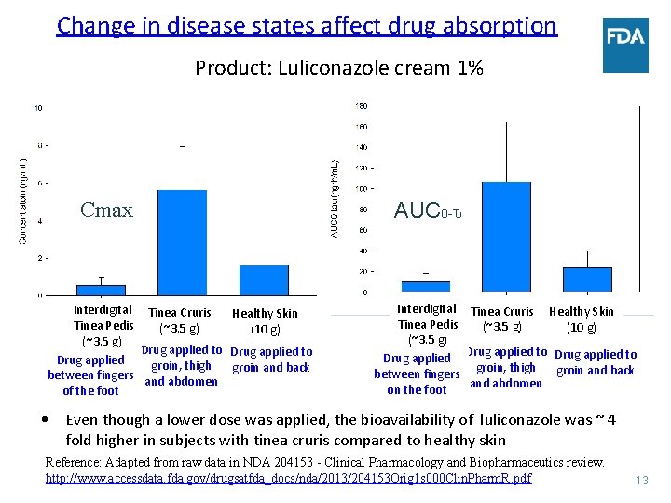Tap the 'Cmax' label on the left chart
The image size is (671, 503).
coord(106,210)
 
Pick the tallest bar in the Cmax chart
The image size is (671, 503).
coord(183,242)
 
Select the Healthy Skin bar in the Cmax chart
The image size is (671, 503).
coord(264,280)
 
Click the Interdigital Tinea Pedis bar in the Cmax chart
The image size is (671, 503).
coord(101,290)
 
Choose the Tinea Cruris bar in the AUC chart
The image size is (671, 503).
coord(506,237)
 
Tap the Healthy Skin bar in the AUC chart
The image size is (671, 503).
coord(587,279)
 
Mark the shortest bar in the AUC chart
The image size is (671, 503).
coord(425,287)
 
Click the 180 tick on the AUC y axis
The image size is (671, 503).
coord(362,105)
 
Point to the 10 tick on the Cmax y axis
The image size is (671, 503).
coord(38,108)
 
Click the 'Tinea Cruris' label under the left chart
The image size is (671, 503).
coord(180,313)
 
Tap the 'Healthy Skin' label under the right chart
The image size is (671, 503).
coord(582,312)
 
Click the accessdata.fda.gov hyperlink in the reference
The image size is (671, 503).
coord(289,478)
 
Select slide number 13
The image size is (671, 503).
coord(640,481)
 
